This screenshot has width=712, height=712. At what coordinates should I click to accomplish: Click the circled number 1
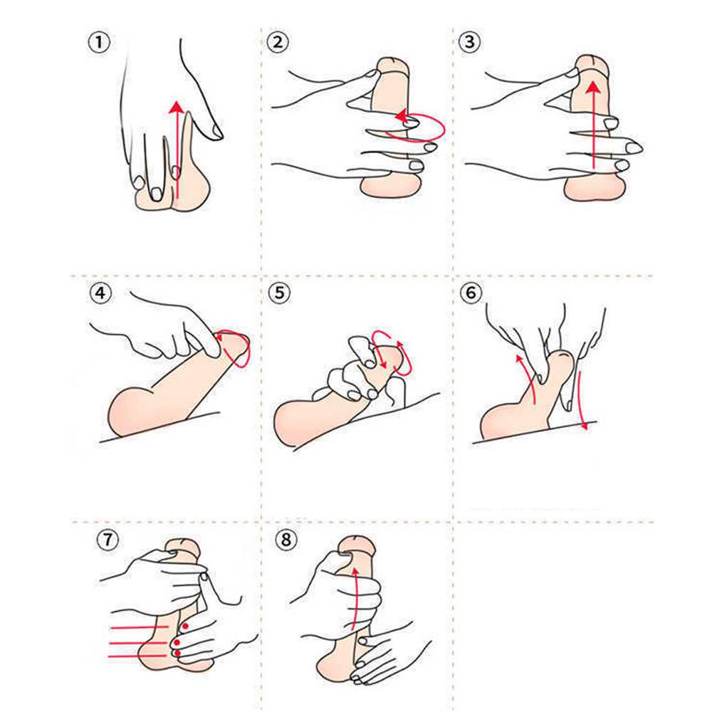click(98, 43)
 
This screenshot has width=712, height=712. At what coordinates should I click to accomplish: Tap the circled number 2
click(278, 42)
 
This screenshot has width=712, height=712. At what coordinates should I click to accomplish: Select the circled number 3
click(469, 42)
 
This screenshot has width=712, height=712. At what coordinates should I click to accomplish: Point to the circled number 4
click(100, 293)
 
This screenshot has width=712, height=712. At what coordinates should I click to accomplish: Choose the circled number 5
click(279, 293)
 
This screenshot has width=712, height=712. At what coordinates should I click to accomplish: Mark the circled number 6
click(471, 293)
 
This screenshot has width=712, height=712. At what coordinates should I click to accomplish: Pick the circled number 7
click(108, 540)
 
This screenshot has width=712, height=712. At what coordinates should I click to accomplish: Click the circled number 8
click(286, 540)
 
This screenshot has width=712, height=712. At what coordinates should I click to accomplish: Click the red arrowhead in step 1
click(177, 108)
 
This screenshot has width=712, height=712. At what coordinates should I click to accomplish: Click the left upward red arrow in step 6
click(527, 379)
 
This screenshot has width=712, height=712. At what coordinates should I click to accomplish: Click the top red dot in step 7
click(185, 626)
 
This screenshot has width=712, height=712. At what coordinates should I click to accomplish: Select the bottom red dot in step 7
click(177, 654)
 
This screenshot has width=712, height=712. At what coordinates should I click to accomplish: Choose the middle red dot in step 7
click(177, 642)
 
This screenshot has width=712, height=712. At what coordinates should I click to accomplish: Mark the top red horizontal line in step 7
click(140, 628)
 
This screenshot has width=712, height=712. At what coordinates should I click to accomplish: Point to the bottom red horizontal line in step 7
click(137, 656)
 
